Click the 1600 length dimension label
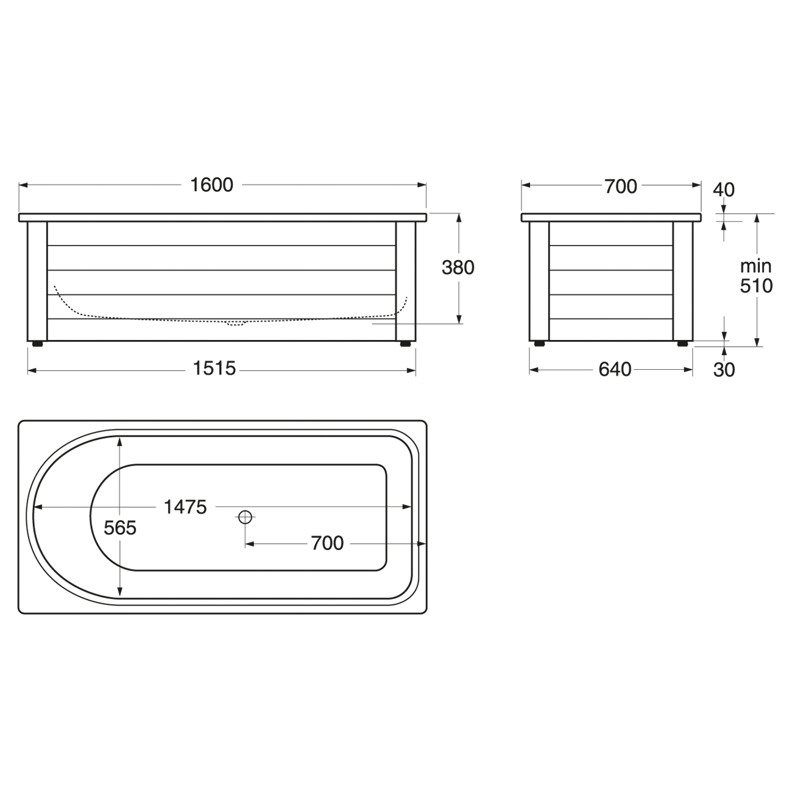[x=211, y=185]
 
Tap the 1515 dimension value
[x=214, y=368]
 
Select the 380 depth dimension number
[x=458, y=267]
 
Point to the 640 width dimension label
[x=615, y=369]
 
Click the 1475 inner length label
[x=185, y=507]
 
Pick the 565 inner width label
[x=120, y=528]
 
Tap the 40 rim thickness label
[x=723, y=190]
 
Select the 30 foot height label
[x=724, y=370]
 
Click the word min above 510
[x=756, y=266]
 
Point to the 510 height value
[x=756, y=286]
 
